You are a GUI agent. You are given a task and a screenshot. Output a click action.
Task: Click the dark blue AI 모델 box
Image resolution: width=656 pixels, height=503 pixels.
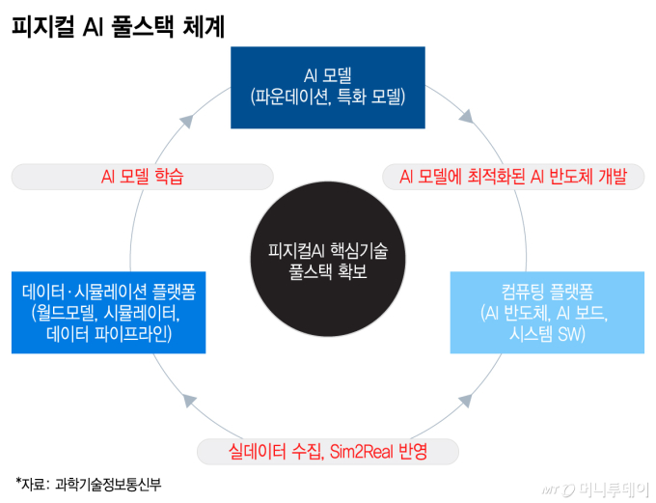tap(328, 88)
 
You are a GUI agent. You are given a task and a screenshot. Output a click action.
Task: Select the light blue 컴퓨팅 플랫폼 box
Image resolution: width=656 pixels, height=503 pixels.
tap(547, 313)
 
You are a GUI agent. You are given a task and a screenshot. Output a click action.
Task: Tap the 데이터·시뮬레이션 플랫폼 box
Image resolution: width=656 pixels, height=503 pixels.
tap(108, 313)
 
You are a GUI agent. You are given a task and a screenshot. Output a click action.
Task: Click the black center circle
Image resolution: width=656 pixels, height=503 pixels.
tap(328, 259)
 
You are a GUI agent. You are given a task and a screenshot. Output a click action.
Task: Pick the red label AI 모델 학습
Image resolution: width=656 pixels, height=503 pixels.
tap(142, 177)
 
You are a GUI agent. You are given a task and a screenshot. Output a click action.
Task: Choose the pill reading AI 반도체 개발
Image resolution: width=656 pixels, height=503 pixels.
tap(513, 177)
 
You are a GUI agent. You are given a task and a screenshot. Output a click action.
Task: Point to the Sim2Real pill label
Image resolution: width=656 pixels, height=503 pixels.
tap(328, 452)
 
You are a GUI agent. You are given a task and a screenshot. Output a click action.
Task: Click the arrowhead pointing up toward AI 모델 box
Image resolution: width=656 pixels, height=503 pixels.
tap(187, 121)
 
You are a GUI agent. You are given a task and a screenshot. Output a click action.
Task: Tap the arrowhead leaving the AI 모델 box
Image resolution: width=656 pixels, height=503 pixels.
tap(467, 117)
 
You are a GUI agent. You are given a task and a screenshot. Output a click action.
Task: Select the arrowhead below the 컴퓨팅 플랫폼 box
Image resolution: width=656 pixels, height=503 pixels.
tap(466, 401)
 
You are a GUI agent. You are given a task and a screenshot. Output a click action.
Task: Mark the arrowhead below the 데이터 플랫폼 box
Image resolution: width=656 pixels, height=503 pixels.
tap(189, 401)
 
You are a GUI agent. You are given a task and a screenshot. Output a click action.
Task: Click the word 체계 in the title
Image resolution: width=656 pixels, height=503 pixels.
tap(204, 27)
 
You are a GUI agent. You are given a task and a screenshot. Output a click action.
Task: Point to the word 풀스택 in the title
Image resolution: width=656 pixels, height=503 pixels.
tap(142, 27)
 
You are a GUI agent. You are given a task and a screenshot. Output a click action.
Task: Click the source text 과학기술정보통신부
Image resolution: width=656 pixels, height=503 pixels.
tap(108, 485)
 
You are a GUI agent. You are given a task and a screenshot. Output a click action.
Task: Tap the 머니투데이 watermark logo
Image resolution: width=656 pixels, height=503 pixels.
tap(595, 489)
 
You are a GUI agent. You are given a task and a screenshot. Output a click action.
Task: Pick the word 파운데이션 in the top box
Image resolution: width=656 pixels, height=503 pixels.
tap(291, 98)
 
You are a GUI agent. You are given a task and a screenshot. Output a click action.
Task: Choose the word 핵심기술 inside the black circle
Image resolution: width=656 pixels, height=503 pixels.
tap(359, 250)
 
